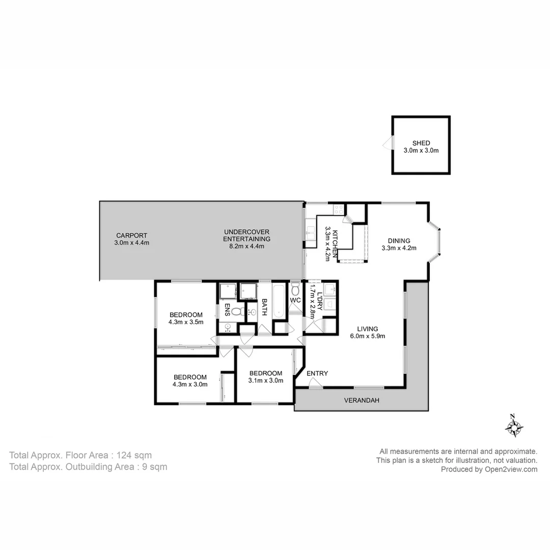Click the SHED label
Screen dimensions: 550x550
421,143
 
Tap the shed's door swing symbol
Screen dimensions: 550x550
388,143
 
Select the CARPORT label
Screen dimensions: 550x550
131,235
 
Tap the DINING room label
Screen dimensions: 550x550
399,241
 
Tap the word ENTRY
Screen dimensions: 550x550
317,373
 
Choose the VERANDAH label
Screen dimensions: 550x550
362,400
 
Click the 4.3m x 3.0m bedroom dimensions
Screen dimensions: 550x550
190,384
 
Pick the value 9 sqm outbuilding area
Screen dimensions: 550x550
154,466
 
